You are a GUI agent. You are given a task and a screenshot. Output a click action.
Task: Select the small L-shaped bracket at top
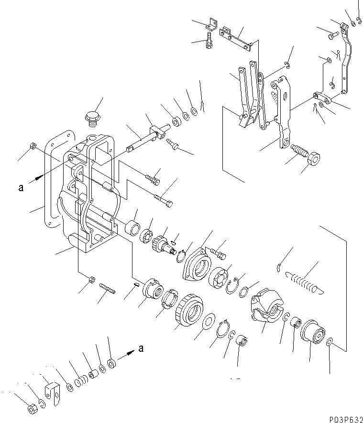[x=210, y=23]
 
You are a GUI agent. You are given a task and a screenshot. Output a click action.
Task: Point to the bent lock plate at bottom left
[x=52, y=390]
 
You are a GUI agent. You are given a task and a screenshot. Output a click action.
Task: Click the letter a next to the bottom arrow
[x=141, y=348]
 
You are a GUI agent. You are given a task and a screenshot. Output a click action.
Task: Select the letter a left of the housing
[x=21, y=188]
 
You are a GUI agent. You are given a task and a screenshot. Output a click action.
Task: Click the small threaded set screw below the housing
[x=108, y=289]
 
